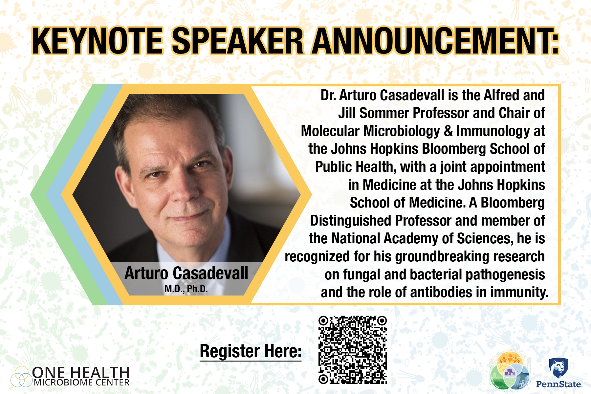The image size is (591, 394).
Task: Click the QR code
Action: tap(353, 350)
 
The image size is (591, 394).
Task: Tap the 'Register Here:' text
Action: tap(251, 351)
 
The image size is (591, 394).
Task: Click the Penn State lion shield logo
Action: tap(558, 368)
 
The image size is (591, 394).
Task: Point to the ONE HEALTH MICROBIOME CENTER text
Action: tap(81, 377)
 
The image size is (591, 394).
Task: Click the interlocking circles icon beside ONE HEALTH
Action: tap(22, 376)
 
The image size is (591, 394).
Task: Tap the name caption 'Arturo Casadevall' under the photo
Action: tap(186, 273)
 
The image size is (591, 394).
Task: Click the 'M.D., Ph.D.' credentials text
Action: tap(186, 289)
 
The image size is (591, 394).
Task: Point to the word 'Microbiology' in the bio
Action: tap(402, 131)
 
